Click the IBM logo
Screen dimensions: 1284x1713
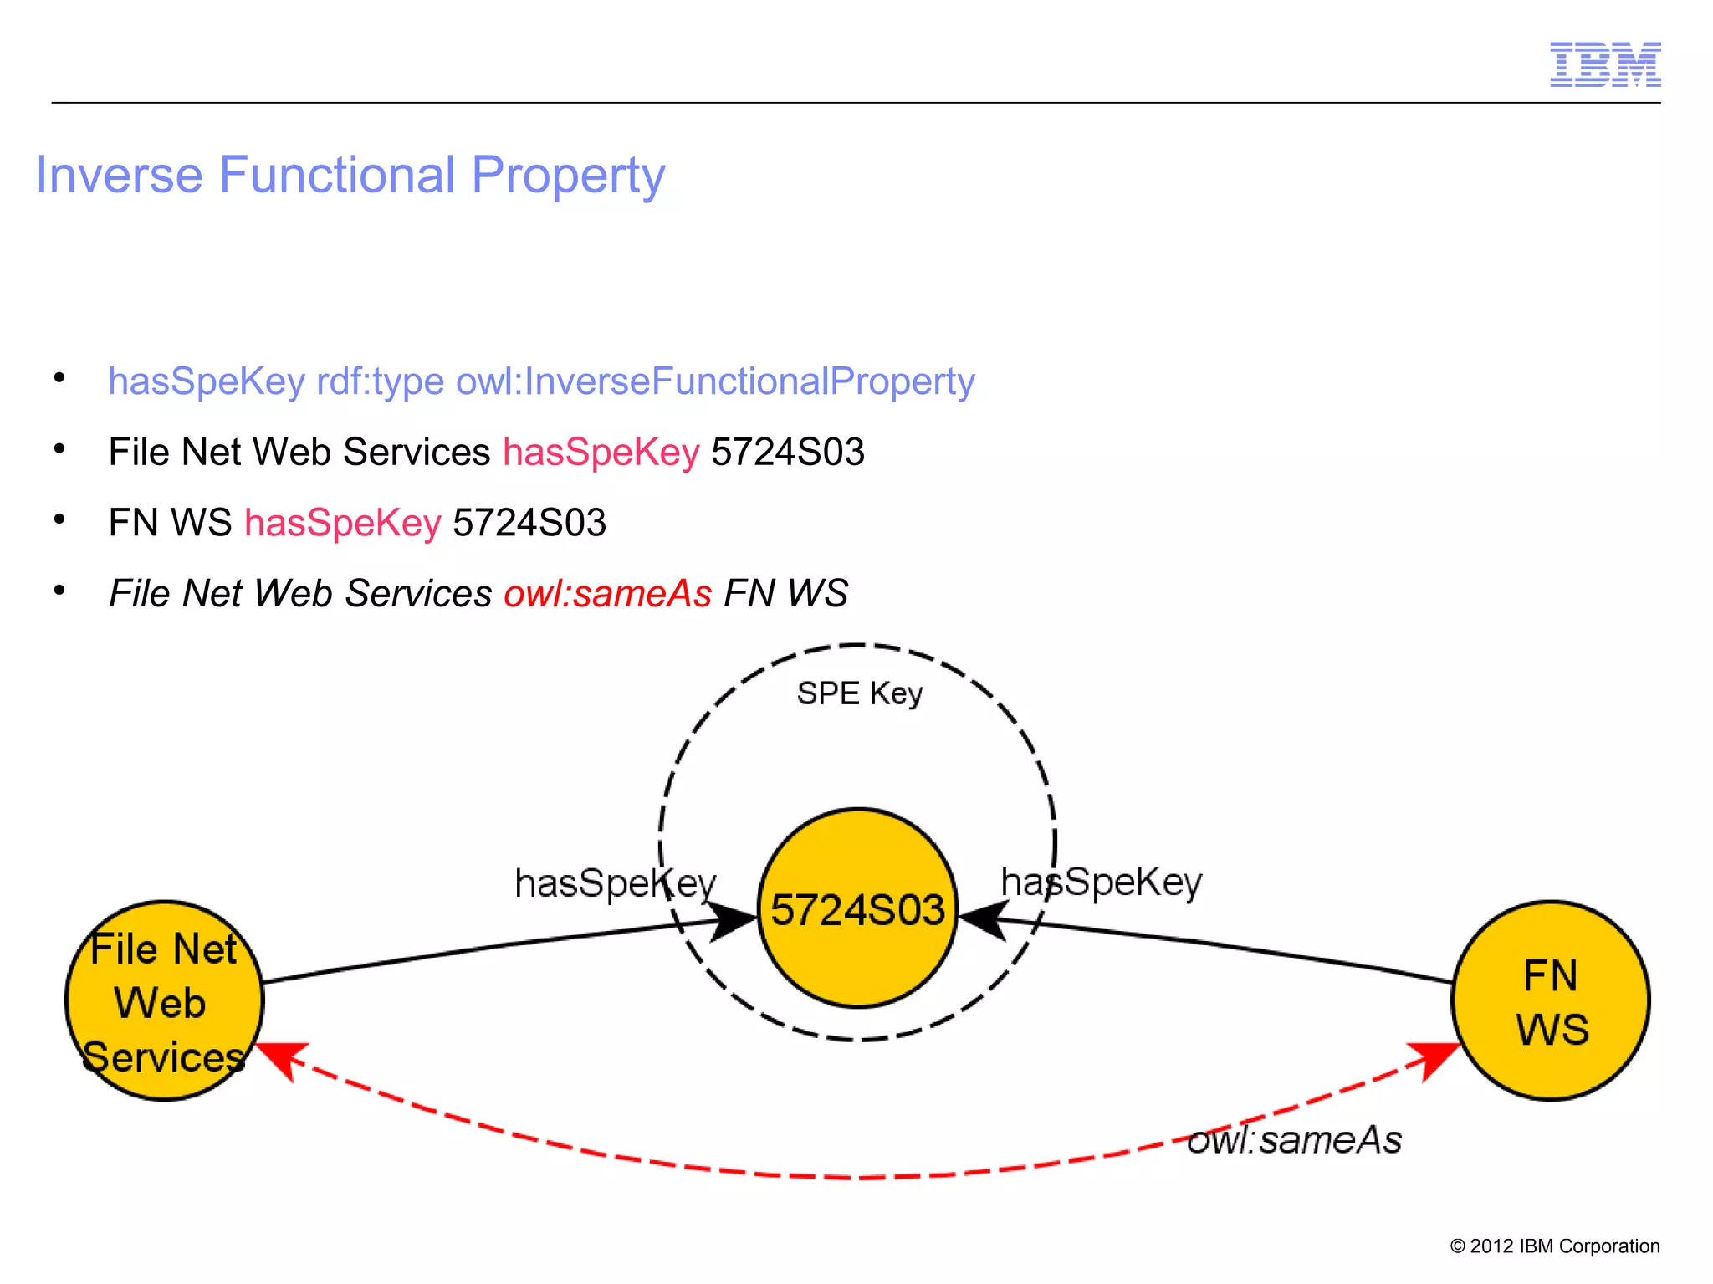(1604, 64)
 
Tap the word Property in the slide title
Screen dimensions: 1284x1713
(568, 176)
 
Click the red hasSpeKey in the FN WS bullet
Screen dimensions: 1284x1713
(342, 523)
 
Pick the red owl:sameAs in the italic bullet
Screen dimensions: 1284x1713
(607, 594)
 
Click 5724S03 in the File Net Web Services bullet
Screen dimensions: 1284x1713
(787, 453)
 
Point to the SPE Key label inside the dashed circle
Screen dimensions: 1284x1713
(859, 693)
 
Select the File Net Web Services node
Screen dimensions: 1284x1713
(164, 1000)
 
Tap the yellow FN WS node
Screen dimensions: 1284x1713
(1550, 1000)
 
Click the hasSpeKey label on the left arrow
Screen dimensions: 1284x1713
(615, 883)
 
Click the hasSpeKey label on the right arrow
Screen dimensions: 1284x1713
(1101, 882)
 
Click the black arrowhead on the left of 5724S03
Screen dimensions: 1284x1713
(734, 921)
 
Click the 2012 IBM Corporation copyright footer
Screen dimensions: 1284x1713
(1554, 1246)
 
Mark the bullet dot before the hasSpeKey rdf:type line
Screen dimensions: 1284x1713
(59, 378)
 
